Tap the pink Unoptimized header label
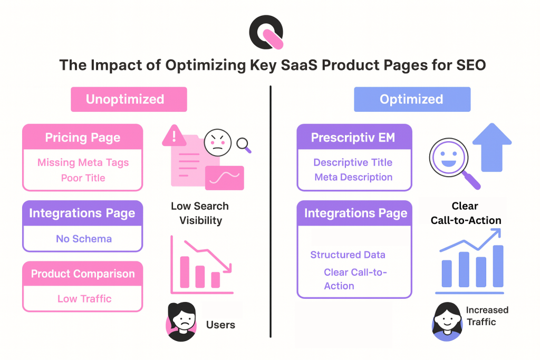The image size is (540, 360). tap(129, 99)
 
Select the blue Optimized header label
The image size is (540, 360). tap(411, 99)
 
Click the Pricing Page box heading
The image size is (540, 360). tap(82, 138)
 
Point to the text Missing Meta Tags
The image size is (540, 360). tap(83, 162)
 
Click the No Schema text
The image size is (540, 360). tap(83, 239)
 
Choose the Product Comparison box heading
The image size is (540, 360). tap(82, 274)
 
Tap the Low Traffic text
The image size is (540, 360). tap(84, 299)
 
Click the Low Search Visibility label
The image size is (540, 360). tap(200, 213)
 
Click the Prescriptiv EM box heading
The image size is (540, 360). tap(354, 138)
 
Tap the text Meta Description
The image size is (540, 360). tap(353, 177)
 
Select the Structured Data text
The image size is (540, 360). tap(348, 255)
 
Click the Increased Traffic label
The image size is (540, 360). tap(487, 316)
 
